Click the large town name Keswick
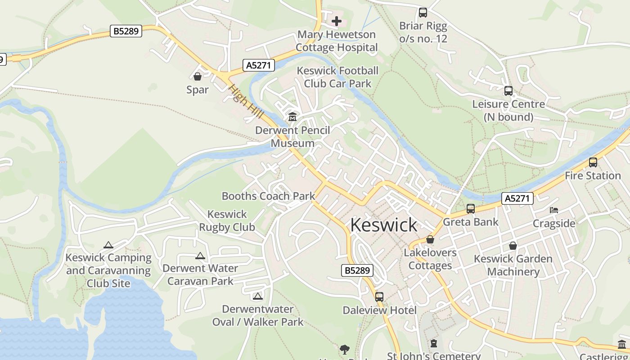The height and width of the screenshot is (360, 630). [x=383, y=225]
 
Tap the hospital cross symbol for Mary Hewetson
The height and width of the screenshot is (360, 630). [x=337, y=21]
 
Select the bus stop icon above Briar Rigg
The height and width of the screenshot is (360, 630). [x=423, y=12]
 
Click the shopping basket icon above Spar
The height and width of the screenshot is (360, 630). [x=198, y=76]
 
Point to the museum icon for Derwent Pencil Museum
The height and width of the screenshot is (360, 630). [x=292, y=117]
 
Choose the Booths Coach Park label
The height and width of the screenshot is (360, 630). [x=268, y=196]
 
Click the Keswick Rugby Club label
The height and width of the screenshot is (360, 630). [x=227, y=220]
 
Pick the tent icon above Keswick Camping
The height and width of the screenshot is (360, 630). [x=108, y=245]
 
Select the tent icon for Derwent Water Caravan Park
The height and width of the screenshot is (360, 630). [x=200, y=256]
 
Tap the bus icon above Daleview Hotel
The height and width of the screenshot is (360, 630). [x=379, y=297]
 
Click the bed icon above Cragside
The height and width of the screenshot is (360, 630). [x=554, y=210]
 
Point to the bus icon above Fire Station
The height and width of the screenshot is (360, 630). [x=593, y=162]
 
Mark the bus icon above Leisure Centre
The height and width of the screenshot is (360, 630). [x=508, y=91]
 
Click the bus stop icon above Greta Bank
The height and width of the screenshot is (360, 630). [x=471, y=208]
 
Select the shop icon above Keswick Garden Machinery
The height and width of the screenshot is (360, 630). [x=513, y=246]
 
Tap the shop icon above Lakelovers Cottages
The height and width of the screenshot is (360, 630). [x=430, y=239]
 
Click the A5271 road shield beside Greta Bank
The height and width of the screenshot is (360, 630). [x=517, y=198]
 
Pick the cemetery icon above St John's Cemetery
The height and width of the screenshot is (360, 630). [x=434, y=344]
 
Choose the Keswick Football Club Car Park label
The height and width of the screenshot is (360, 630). [x=337, y=77]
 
